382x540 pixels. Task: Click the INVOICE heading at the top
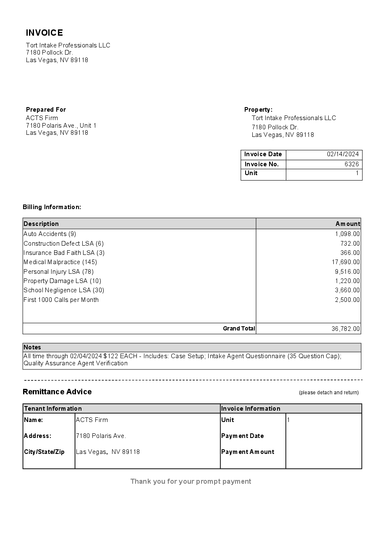tap(44, 33)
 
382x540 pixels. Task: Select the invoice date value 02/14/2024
tap(343, 154)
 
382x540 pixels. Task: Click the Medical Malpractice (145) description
tap(60, 262)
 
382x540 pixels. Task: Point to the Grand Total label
tap(239, 328)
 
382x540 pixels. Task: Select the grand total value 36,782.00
tap(345, 329)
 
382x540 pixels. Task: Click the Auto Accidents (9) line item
tap(50, 234)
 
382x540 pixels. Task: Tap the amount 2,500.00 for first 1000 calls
tap(347, 300)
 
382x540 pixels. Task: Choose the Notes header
tap(32, 347)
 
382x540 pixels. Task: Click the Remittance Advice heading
tap(57, 392)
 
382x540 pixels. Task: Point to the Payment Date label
tap(243, 436)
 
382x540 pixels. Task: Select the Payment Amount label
tap(248, 452)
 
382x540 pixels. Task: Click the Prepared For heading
tap(46, 110)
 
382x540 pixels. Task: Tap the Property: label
tap(258, 110)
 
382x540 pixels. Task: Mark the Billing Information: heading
tap(52, 207)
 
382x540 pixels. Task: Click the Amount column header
tap(348, 224)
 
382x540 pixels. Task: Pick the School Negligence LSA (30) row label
tap(64, 290)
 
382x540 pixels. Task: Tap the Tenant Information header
tap(53, 409)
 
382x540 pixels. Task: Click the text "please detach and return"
tap(329, 393)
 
